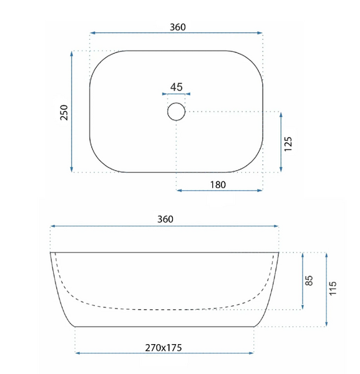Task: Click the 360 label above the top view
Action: pos(178,27)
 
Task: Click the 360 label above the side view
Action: pos(165,219)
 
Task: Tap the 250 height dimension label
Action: pos(64,112)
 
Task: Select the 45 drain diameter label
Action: pos(177,87)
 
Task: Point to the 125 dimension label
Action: pos(288,144)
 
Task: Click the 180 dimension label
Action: pos(218,185)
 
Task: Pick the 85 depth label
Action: pos(309,280)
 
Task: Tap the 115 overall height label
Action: pos(333,288)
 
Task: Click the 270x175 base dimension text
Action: pos(163,348)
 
